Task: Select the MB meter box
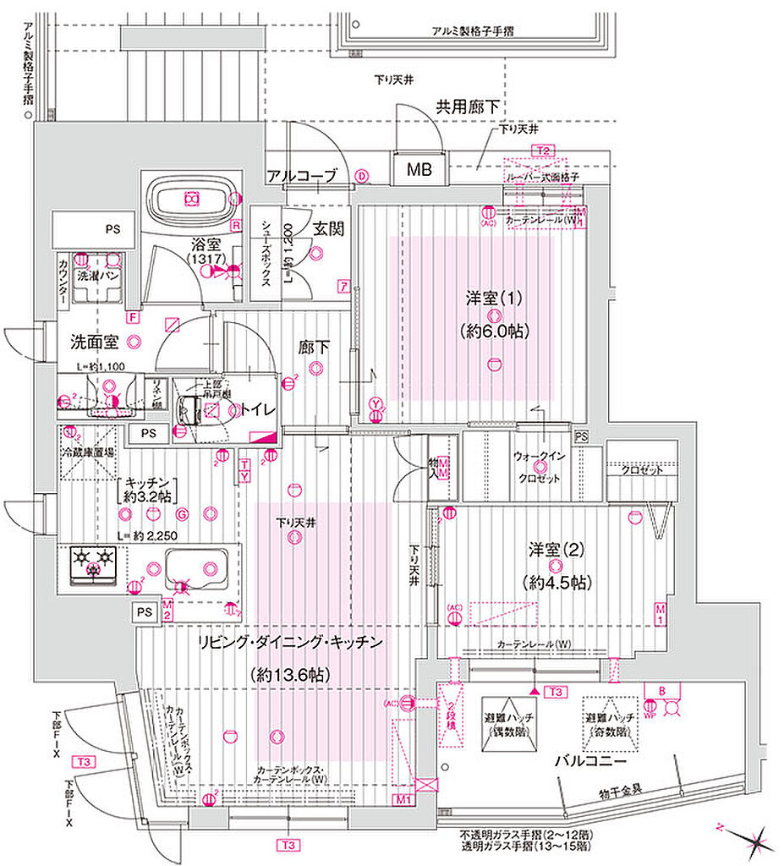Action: [x=419, y=170]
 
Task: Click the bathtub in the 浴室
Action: [x=191, y=200]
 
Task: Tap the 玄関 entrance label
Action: [x=327, y=229]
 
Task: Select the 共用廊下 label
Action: [x=467, y=107]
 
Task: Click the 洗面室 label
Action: [x=94, y=343]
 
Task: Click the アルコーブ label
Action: [x=302, y=176]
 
